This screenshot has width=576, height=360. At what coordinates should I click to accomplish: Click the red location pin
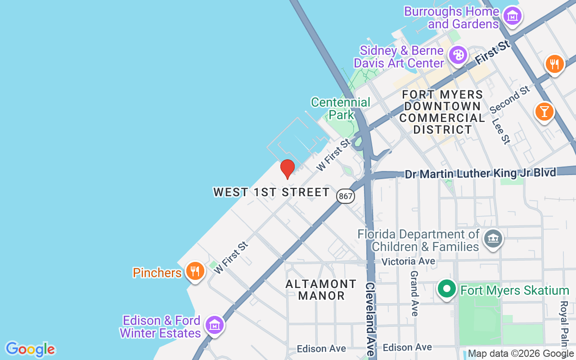point(287,168)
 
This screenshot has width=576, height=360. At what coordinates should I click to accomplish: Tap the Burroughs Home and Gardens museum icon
point(512,16)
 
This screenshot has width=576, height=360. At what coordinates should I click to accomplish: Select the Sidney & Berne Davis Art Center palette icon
point(458,56)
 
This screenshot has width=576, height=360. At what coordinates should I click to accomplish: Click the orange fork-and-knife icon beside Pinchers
point(195,271)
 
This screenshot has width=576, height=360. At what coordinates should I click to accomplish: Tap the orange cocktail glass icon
point(544,111)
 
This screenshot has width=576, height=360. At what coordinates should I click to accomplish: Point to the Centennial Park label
point(341,108)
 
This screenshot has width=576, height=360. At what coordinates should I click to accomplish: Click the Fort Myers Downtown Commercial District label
point(442,112)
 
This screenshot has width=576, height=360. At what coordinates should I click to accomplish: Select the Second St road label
point(510,100)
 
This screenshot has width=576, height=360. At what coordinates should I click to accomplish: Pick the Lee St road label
point(500,131)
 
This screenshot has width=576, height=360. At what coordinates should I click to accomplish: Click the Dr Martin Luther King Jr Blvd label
point(480,173)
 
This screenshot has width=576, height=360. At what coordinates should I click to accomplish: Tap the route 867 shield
point(345,196)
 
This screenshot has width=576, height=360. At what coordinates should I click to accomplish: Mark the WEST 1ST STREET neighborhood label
point(271,192)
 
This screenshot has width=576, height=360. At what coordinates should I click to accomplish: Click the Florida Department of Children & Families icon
point(493,238)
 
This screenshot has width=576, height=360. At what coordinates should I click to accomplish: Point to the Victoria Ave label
point(408,261)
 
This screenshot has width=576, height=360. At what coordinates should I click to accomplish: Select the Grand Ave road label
point(414,292)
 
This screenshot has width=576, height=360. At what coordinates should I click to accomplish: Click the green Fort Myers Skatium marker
point(447,289)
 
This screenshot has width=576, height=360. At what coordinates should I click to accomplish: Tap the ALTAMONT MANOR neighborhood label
point(321,290)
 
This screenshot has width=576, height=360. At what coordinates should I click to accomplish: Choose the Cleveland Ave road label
point(370,319)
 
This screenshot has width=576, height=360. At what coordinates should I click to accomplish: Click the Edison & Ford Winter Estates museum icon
point(215,324)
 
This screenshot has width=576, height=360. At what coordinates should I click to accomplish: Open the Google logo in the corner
point(30,349)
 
